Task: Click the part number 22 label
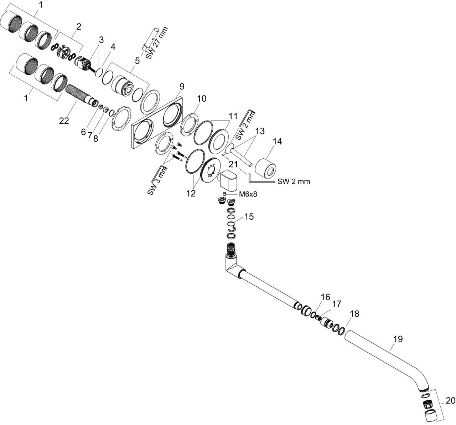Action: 64,121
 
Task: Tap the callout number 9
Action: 181,86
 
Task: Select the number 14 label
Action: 277,142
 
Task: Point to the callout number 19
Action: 398,339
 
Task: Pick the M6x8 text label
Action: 248,194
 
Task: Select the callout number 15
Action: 249,216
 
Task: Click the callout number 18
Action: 354,314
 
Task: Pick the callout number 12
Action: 191,193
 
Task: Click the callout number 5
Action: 137,61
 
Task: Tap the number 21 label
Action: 233,164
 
